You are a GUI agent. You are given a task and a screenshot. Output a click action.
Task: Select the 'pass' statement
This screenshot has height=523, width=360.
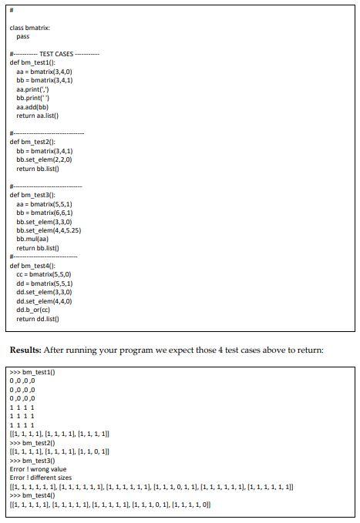pos(22,36)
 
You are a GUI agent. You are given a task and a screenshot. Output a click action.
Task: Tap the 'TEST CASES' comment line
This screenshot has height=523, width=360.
pos(54,53)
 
